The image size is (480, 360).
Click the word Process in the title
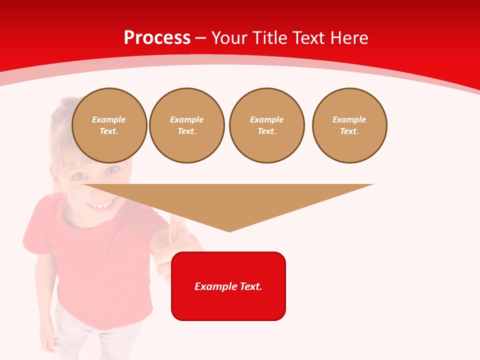tap(157, 38)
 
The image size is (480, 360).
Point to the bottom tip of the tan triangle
tap(229, 230)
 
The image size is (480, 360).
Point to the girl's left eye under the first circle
tap(79, 176)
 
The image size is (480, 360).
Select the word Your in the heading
tap(230, 38)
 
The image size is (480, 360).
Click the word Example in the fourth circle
tap(349, 119)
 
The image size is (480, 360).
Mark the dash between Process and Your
tap(200, 38)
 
